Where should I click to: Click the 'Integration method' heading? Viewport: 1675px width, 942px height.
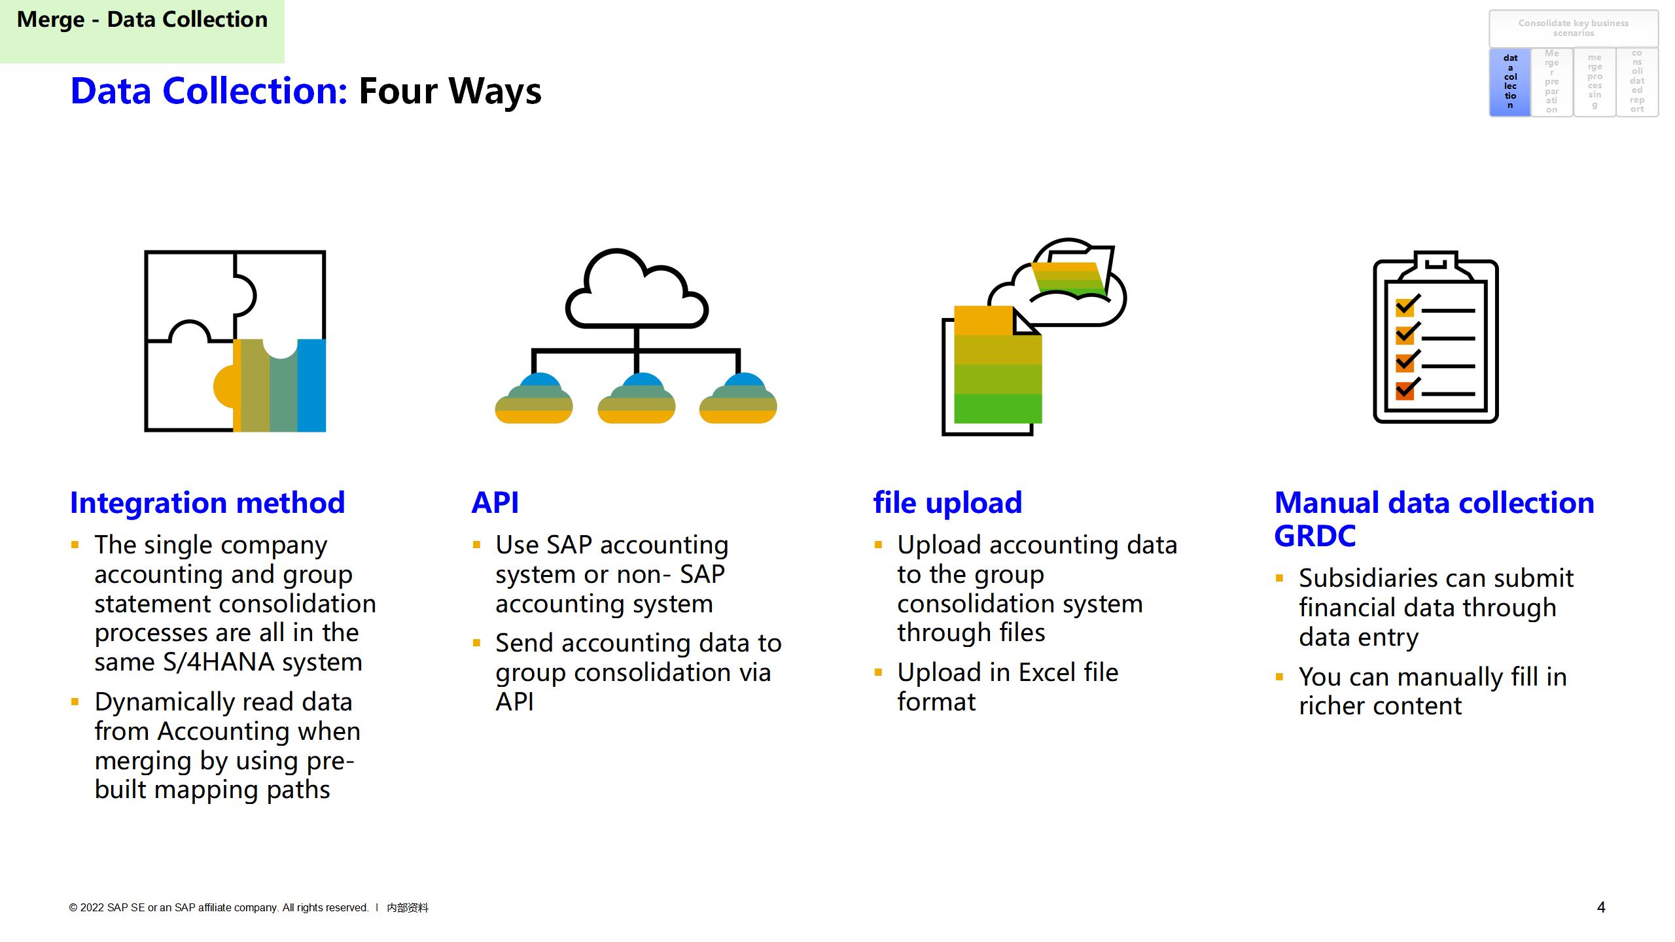coord(207,503)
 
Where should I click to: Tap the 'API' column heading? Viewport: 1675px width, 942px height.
coord(495,503)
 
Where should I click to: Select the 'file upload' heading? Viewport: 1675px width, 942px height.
coord(947,503)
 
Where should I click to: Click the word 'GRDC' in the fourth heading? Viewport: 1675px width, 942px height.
coord(1315,536)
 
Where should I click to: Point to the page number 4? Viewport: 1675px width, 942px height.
coord(1601,907)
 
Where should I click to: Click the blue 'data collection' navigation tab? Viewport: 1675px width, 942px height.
coord(1510,82)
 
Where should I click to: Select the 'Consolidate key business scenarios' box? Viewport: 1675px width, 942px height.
coord(1574,28)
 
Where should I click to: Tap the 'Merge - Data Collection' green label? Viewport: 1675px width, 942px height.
coord(142,20)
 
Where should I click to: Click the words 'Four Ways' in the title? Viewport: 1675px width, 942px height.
coord(450,91)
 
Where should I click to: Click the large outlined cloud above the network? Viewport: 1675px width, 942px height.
coord(636,291)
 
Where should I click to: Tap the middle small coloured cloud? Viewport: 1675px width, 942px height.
coord(636,399)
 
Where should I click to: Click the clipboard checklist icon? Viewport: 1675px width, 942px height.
coord(1436,338)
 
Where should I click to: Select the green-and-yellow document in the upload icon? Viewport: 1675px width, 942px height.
coord(997,366)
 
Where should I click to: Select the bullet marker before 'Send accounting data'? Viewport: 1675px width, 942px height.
coord(476,644)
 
